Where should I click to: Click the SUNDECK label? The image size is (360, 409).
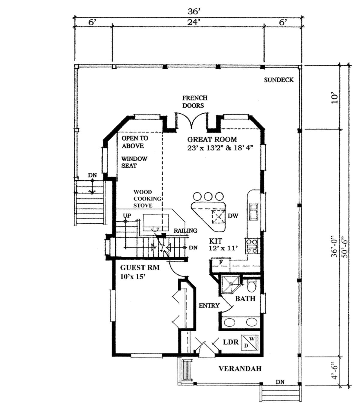click(279, 80)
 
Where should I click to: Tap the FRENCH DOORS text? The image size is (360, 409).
click(195, 102)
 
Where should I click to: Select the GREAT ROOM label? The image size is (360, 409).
click(212, 139)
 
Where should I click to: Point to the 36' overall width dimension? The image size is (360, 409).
click(194, 12)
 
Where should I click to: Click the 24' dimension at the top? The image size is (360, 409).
click(193, 22)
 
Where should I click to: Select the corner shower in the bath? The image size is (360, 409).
click(230, 284)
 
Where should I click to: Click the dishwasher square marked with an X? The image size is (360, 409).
click(218, 217)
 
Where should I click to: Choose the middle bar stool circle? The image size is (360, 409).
click(208, 196)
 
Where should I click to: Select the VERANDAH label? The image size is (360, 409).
click(240, 369)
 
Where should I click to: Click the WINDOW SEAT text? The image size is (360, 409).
click(134, 162)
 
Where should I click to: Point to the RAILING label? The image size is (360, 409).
click(185, 231)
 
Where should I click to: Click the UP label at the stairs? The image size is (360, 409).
click(127, 216)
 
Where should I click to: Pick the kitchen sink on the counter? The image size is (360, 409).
click(253, 212)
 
